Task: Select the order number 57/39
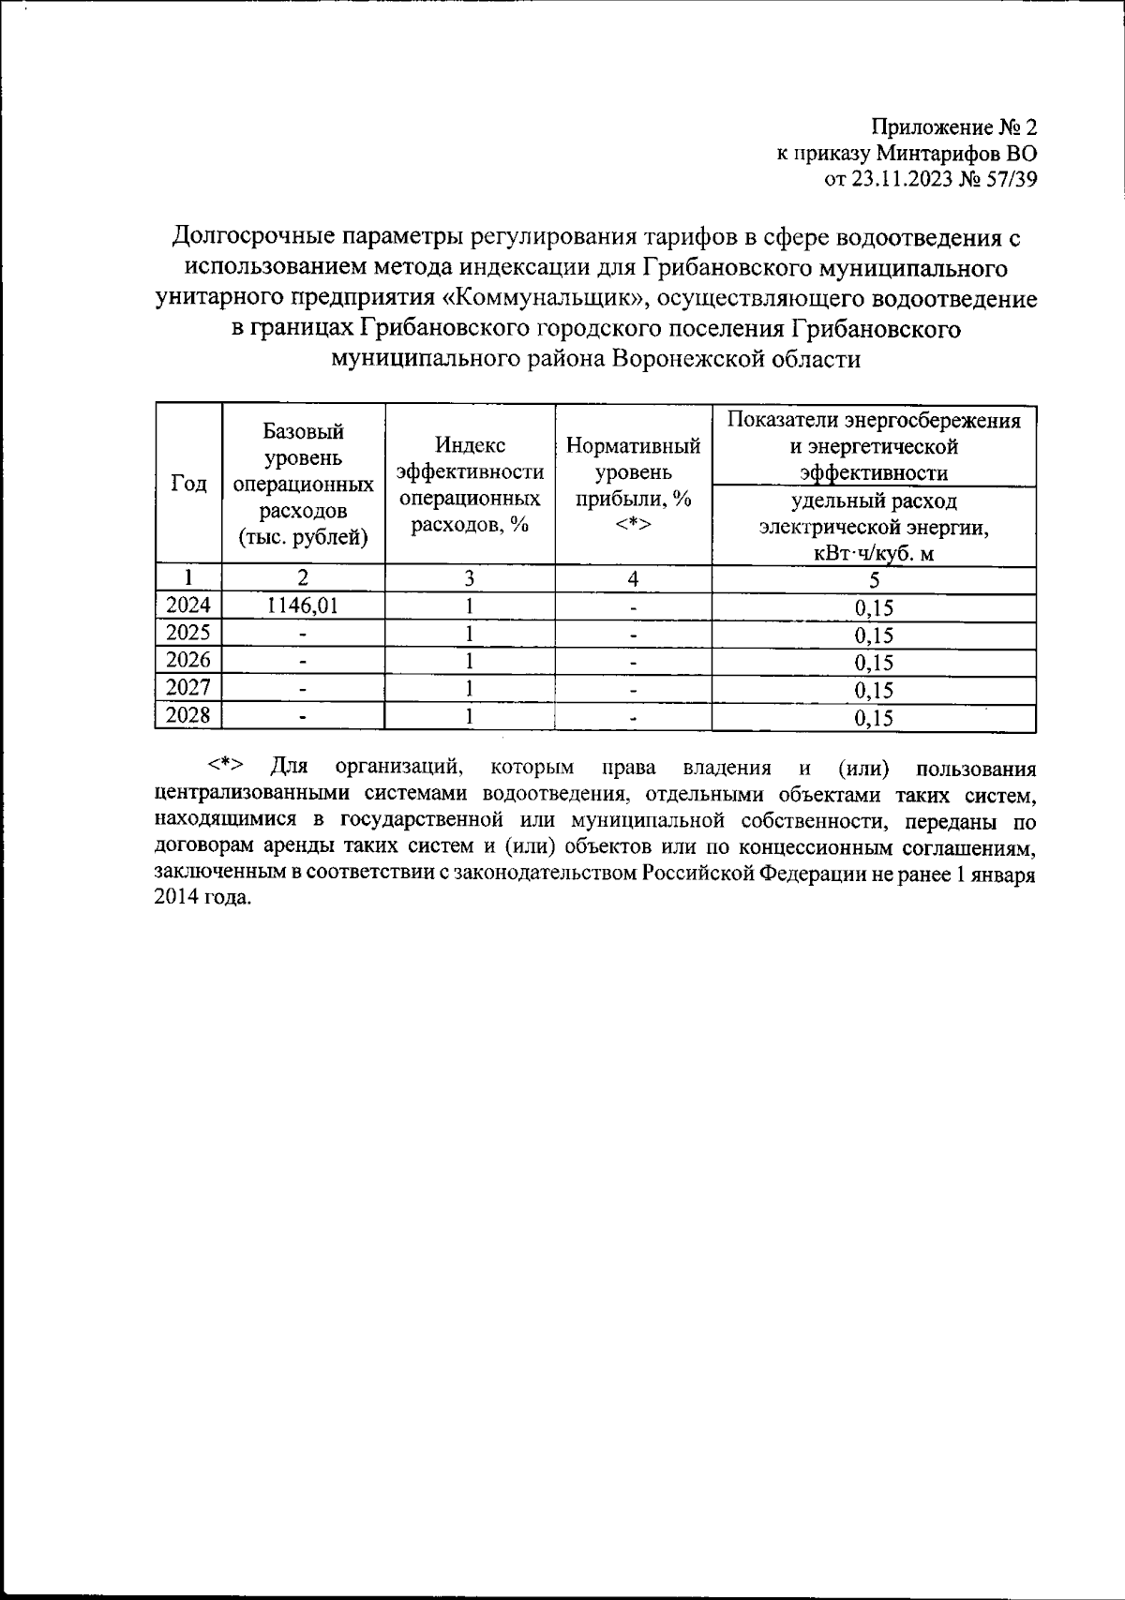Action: [x=1012, y=180]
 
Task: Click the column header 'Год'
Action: [x=189, y=484]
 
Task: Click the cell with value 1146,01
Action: [x=303, y=606]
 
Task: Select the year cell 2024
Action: [x=188, y=606]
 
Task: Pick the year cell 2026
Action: [x=188, y=661]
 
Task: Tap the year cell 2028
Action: [x=188, y=717]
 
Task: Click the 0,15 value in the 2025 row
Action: [x=874, y=636]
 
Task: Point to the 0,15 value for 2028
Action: [x=874, y=719]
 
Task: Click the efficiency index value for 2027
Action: [x=469, y=689]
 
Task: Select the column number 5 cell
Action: [x=874, y=580]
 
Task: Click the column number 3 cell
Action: [x=469, y=579]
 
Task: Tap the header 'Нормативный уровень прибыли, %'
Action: [x=634, y=471]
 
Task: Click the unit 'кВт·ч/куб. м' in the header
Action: [x=874, y=553]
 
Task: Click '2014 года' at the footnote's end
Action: [x=202, y=896]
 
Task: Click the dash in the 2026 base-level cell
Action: [x=303, y=662]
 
